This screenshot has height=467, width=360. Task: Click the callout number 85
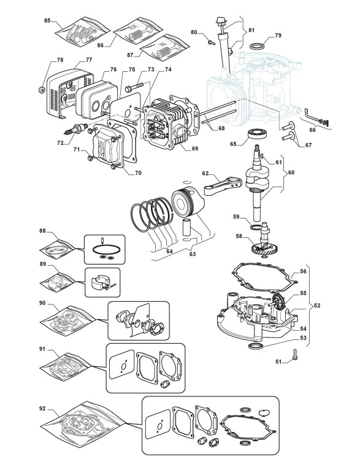(x=47, y=20)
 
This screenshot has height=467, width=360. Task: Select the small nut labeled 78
(x=42, y=89)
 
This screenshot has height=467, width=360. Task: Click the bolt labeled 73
(x=134, y=87)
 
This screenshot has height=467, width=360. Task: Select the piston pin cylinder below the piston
(x=187, y=228)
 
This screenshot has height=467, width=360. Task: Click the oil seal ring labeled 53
(x=256, y=346)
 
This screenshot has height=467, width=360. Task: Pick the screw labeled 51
(x=296, y=355)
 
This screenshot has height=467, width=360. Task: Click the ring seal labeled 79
(x=258, y=47)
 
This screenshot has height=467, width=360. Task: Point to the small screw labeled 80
(x=211, y=42)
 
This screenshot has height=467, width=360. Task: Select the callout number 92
(x=42, y=408)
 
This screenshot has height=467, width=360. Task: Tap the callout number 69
(x=195, y=149)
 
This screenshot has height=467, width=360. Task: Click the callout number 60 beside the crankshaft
(x=291, y=172)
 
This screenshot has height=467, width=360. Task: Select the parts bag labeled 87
(x=164, y=47)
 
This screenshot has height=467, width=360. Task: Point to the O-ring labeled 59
(x=256, y=228)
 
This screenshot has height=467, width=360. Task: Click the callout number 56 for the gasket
(x=303, y=271)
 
